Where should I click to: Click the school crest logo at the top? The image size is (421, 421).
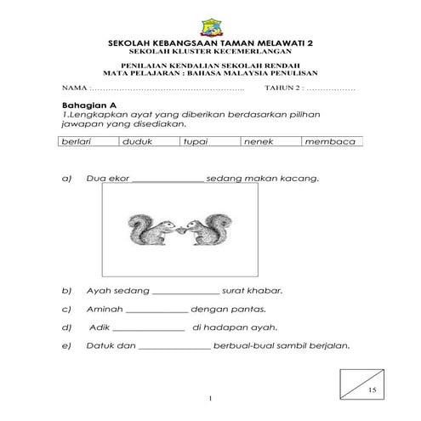[x=209, y=25]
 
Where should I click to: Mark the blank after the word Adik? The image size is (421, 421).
[x=148, y=327]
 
